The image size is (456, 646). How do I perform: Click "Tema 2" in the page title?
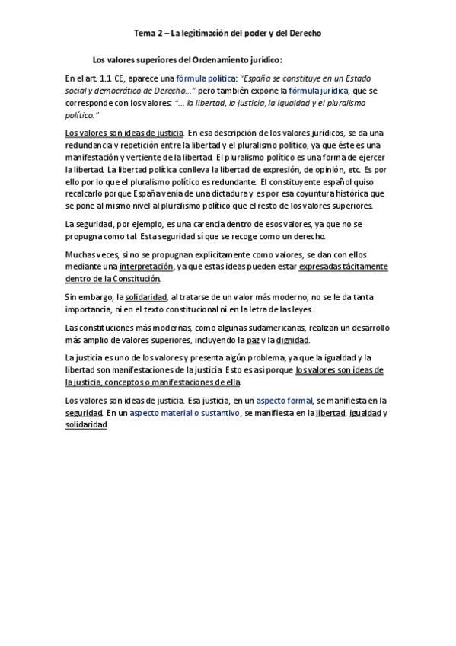148,34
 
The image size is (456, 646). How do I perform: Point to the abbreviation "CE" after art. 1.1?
120,78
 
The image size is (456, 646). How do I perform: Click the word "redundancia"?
90,145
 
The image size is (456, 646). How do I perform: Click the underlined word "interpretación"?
146,267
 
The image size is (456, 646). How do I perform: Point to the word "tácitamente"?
362,267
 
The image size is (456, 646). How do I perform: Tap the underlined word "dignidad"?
292,340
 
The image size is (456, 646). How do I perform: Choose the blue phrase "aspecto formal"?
284,400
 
